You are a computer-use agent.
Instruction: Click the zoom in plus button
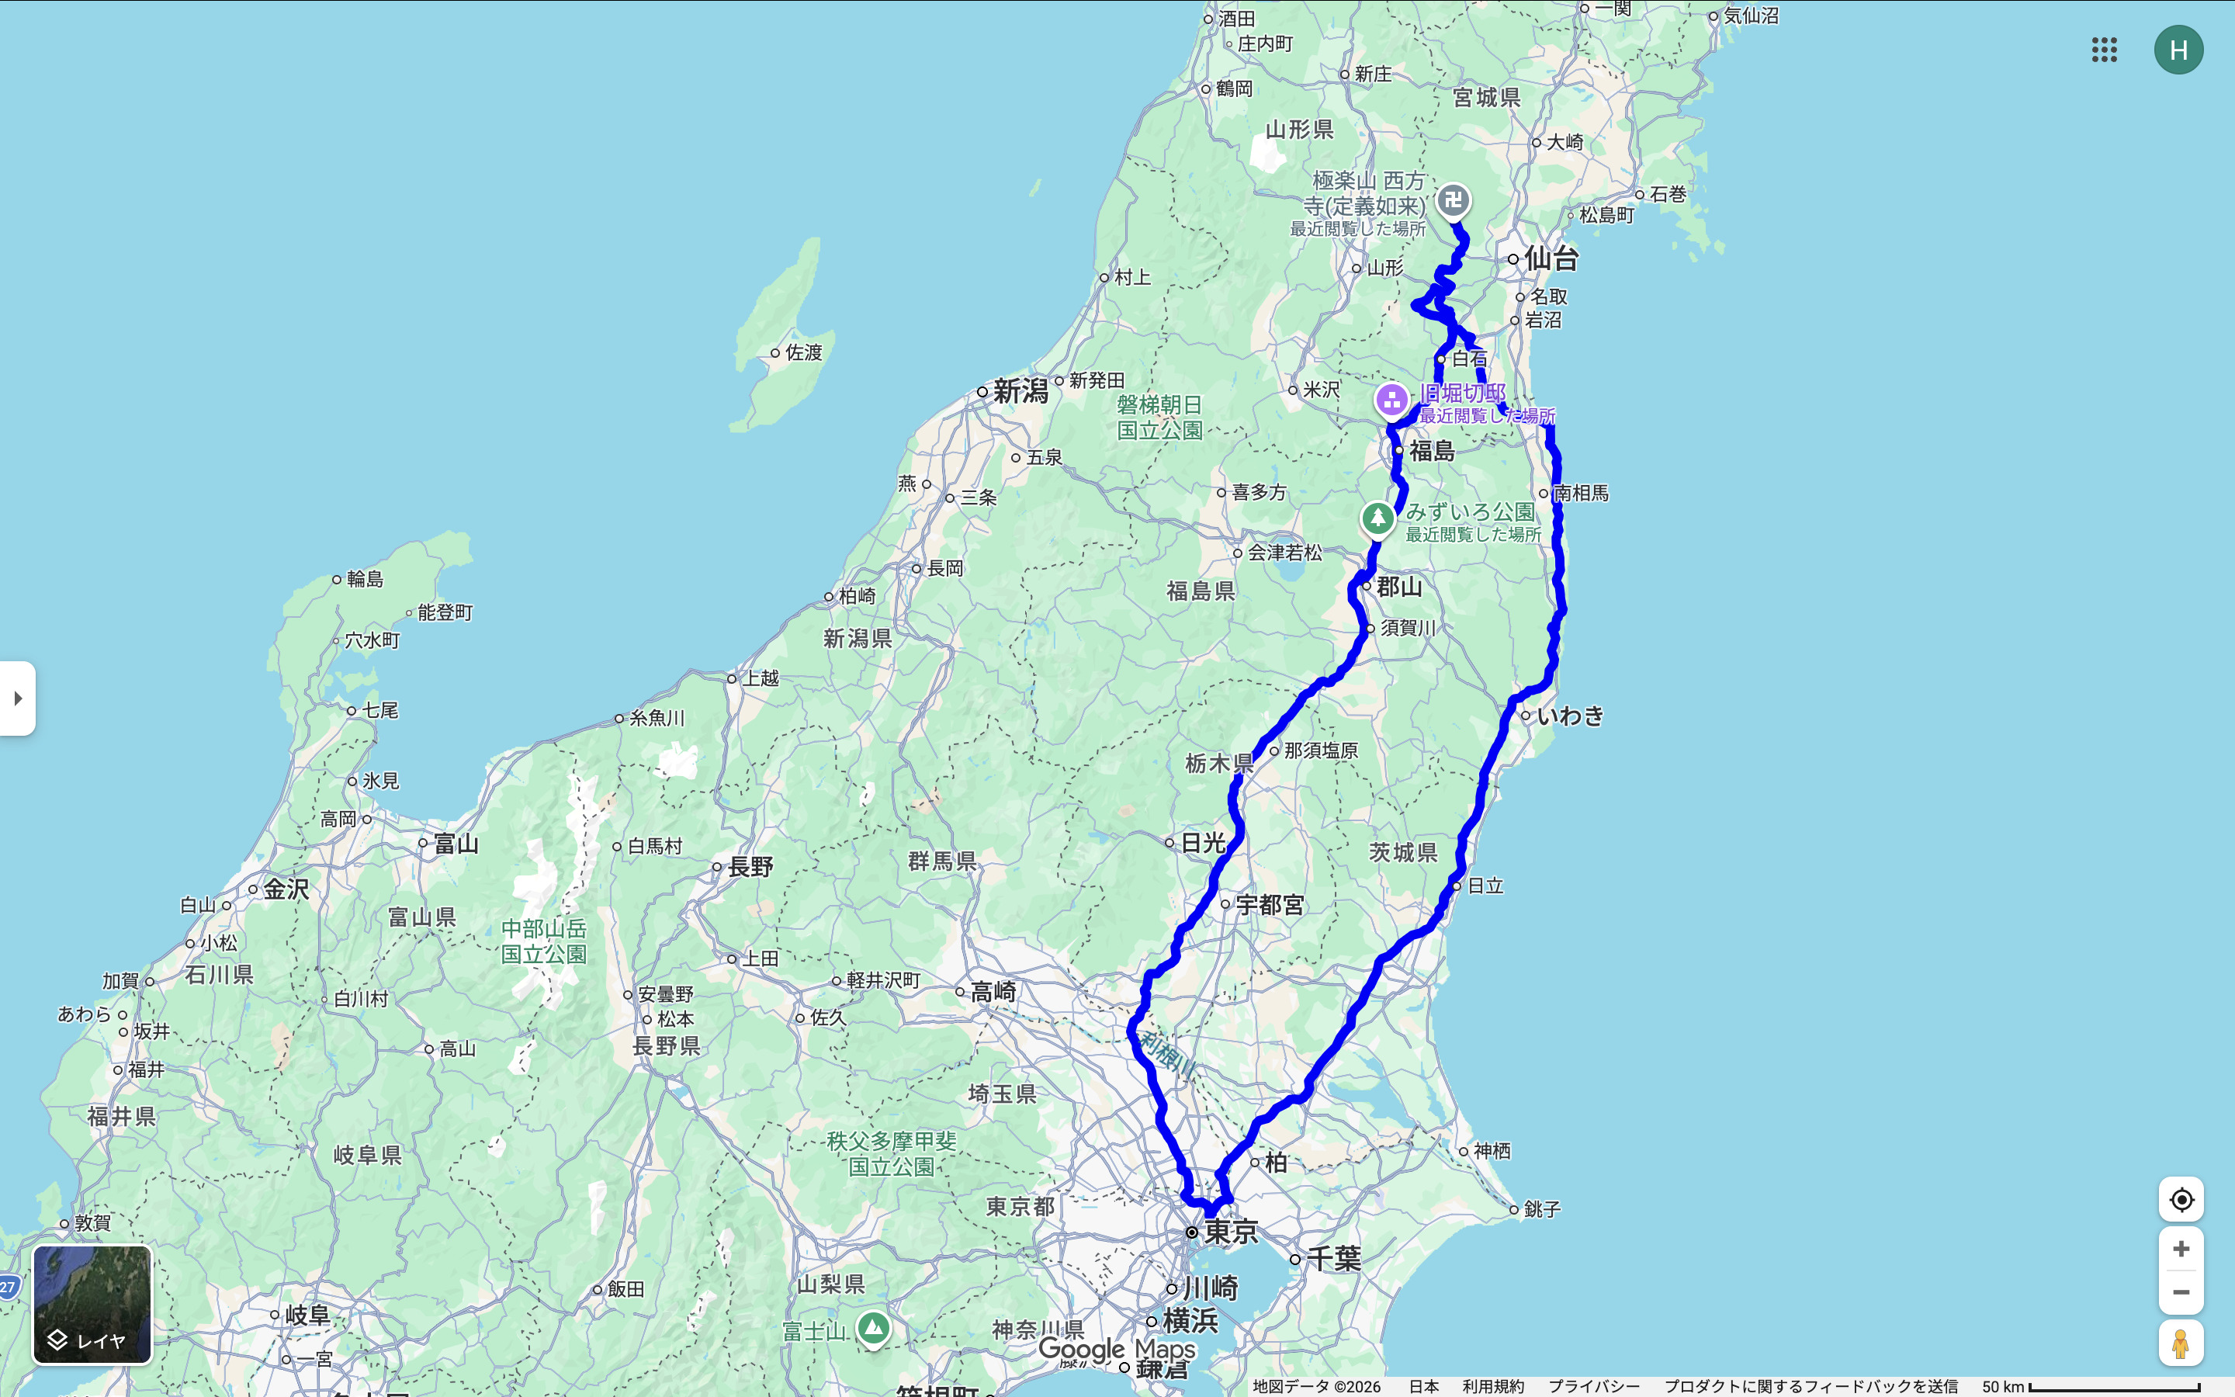[x=2181, y=1250]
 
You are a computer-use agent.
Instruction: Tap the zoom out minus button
[x=2181, y=1291]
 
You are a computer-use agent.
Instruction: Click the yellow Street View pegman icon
[x=2181, y=1343]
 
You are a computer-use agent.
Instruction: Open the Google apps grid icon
[x=2104, y=50]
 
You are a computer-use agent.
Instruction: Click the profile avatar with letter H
[x=2178, y=50]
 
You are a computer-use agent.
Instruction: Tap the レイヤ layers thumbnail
[x=92, y=1304]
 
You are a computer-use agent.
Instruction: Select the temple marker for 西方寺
[x=1453, y=199]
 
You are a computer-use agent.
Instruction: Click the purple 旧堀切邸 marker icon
[x=1391, y=400]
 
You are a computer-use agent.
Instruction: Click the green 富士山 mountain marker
[x=873, y=1329]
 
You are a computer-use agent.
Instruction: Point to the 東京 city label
[x=1231, y=1232]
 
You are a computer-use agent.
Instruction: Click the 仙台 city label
[x=1551, y=258]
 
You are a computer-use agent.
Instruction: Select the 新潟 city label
[x=1020, y=392]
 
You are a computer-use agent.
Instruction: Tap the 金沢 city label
[x=286, y=889]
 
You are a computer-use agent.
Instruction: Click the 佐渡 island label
[x=802, y=352]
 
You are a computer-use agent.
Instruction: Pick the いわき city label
[x=1570, y=715]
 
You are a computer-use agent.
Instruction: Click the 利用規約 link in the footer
[x=1492, y=1386]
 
